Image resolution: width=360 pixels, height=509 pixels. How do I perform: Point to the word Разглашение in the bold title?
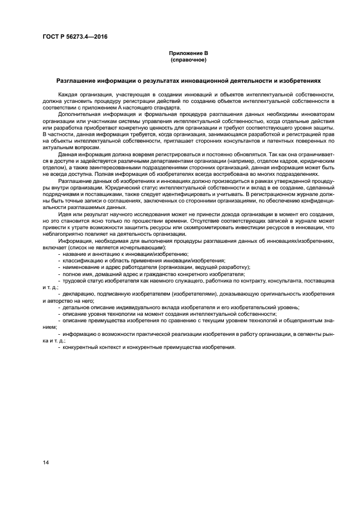[78, 81]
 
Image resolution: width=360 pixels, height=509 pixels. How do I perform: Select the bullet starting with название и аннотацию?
[125, 254]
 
